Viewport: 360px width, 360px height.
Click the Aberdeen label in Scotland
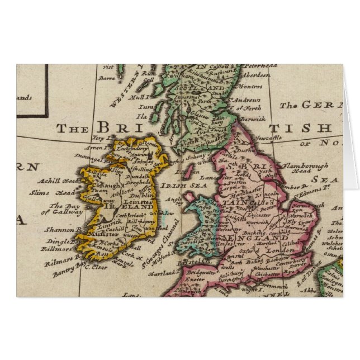[x=255, y=74]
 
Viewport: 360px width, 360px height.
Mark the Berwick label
[x=253, y=119]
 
